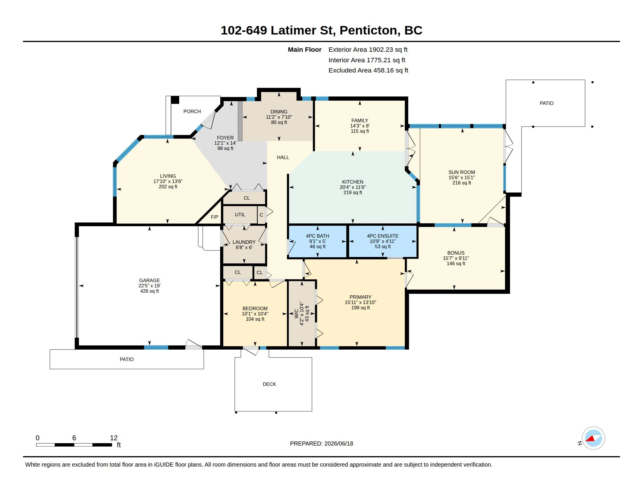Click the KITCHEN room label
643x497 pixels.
(352, 182)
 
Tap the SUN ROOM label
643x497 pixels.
(461, 172)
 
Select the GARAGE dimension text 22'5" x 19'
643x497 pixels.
(149, 286)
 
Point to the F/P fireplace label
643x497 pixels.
(214, 217)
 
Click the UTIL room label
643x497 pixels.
(240, 215)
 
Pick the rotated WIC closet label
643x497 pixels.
(296, 314)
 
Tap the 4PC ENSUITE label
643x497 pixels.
(383, 236)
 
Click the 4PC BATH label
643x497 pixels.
(317, 236)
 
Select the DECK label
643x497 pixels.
(269, 384)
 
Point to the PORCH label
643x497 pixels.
(192, 111)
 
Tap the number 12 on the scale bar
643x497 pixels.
(114, 438)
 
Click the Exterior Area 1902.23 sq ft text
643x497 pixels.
(368, 49)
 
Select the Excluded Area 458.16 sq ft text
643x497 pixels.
(368, 70)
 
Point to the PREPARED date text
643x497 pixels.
(321, 443)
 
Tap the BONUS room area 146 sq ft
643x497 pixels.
(456, 263)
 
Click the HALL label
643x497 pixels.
(283, 157)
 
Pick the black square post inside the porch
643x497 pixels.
(175, 100)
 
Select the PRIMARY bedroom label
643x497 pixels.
(360, 297)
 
